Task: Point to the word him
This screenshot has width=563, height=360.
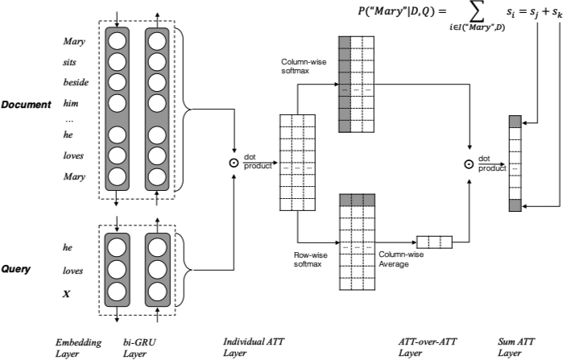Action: pyautogui.click(x=73, y=102)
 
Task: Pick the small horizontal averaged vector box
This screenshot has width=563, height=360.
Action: pyautogui.click(x=434, y=241)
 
